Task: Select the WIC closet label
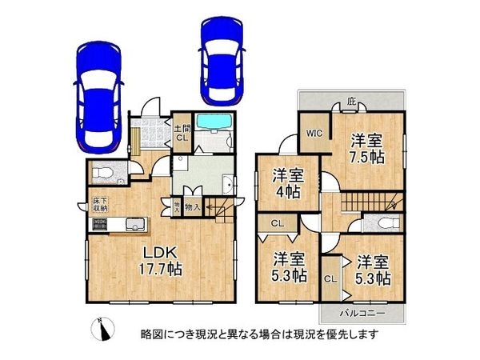[312, 135]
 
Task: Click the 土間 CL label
[182, 133]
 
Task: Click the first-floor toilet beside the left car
[102, 173]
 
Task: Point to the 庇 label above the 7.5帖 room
[351, 102]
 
